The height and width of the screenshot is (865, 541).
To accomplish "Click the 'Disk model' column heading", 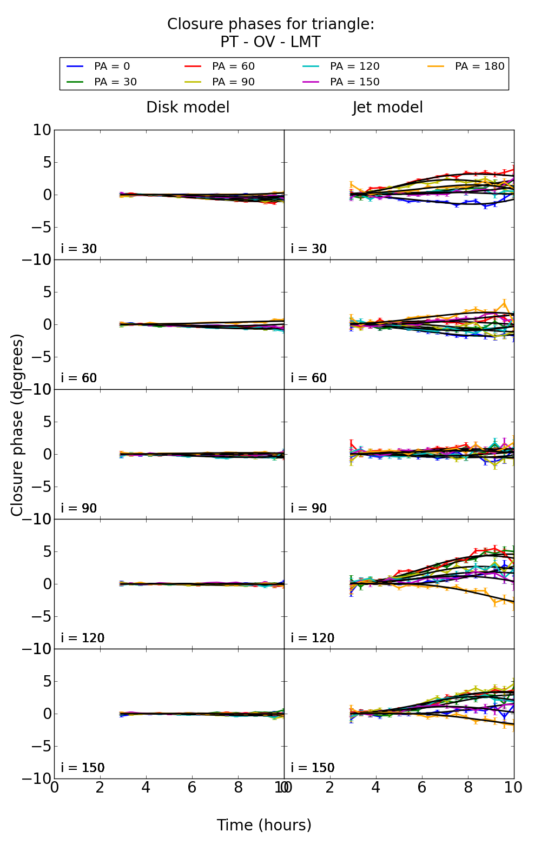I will pos(188,107).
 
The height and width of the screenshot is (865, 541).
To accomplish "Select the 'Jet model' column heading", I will pos(387,107).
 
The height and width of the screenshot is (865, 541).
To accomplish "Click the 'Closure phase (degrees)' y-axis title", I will pos(17,425).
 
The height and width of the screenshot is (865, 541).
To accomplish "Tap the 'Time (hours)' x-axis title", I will pos(264,825).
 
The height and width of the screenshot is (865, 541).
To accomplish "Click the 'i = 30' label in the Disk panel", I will pos(79,249).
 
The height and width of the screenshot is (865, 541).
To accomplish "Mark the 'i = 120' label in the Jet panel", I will pos(312,638).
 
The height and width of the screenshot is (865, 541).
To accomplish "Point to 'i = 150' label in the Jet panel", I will pos(312,768).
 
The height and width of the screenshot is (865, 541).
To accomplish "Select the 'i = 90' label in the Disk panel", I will pos(79,508).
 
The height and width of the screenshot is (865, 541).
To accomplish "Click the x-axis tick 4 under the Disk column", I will pos(146,787).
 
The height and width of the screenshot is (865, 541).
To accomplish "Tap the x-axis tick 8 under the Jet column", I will pos(468,787).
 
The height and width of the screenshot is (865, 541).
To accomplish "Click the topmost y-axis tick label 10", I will pos(42,130).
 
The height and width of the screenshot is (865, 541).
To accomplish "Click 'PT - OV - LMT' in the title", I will pos(270,42).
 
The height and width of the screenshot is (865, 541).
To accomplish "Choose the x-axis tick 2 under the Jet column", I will pos(330,787).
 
